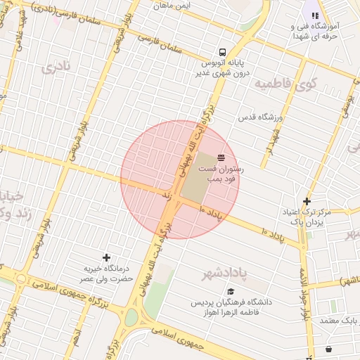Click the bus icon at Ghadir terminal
pyautogui.click(x=222, y=51)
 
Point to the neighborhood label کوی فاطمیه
pyautogui.click(x=286, y=84)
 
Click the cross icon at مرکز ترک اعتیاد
pyautogui.click(x=307, y=201)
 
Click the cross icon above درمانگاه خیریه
pyautogui.click(x=106, y=257)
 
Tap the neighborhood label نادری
pyautogui.click(x=56, y=68)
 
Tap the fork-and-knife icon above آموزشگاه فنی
pyautogui.click(x=315, y=15)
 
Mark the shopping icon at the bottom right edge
pyautogui.click(x=328, y=349)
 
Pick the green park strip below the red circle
pyautogui.click(x=160, y=281)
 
